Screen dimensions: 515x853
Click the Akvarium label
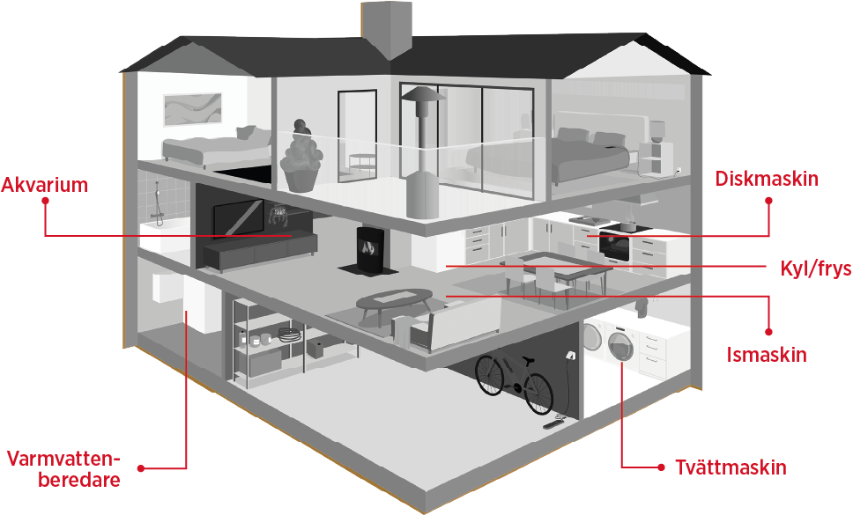coord(45,185)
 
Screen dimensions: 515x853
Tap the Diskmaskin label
coord(767,180)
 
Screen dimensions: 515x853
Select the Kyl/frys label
coord(815,268)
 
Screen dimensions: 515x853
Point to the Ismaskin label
coord(767,355)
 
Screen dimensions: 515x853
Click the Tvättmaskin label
coord(731,467)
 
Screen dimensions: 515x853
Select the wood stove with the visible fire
coord(369,248)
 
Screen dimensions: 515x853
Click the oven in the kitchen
coord(615,244)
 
